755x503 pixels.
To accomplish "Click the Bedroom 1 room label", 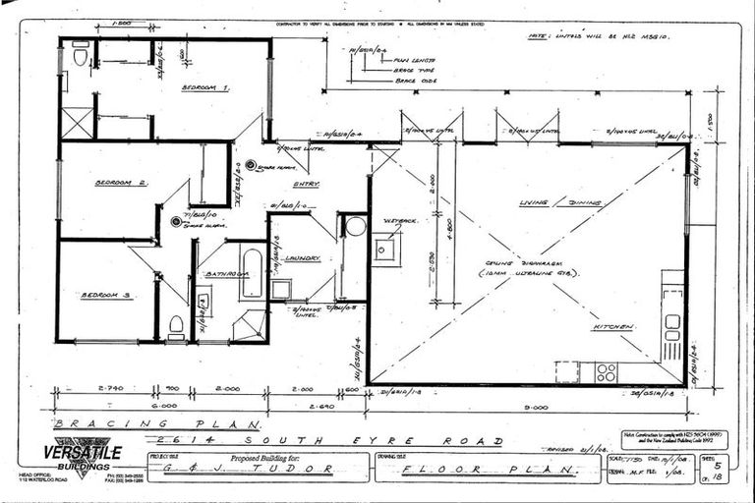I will tap(205, 88).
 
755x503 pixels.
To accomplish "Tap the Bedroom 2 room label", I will tap(121, 183).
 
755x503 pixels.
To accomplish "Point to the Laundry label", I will tap(304, 258).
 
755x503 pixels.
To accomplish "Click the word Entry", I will tap(306, 183).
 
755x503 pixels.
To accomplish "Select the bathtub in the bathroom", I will tap(252, 272).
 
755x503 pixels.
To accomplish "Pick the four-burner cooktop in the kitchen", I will tap(606, 372).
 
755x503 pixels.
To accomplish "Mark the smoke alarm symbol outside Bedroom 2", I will tap(178, 222).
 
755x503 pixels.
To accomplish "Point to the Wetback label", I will tap(401, 221).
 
